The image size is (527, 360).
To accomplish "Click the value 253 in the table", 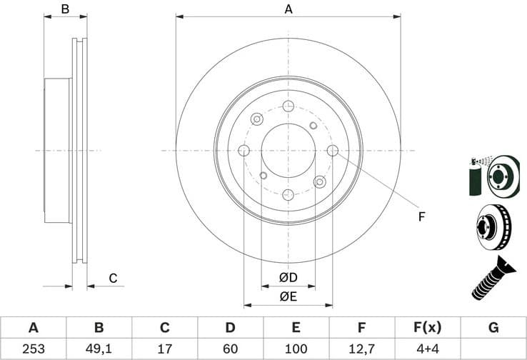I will [x=33, y=350].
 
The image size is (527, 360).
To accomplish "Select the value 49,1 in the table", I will [x=99, y=350].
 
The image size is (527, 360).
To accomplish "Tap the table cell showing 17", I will [x=164, y=350].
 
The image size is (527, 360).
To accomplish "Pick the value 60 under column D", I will [x=230, y=350].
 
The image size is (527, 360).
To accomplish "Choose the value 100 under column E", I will [x=296, y=350].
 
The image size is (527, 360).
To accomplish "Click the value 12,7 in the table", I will [x=361, y=350].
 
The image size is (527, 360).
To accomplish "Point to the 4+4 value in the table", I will [x=427, y=350].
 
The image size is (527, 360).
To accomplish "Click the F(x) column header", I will [x=427, y=328].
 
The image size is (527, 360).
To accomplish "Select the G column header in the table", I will [x=493, y=328].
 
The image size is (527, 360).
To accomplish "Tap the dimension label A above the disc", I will [x=288, y=9].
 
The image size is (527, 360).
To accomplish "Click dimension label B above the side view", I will [x=65, y=9].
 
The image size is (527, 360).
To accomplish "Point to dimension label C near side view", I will [x=112, y=278].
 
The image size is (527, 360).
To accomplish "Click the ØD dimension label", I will [x=288, y=277].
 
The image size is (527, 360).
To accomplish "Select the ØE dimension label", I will [x=288, y=296].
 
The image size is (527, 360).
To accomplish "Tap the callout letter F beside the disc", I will [x=421, y=216].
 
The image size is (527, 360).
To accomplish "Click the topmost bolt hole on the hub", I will [x=288, y=106].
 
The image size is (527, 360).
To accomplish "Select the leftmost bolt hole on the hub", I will [x=244, y=151].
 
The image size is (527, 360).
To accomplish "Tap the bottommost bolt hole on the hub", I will [x=288, y=194].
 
